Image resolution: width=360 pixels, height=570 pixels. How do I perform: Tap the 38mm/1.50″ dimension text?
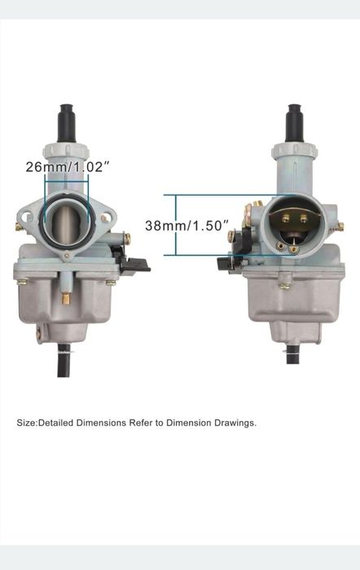[x=187, y=226]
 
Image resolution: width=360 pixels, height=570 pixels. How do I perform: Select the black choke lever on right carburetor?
[x=227, y=265]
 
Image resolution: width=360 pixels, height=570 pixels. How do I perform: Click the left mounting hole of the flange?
[x=24, y=217]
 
